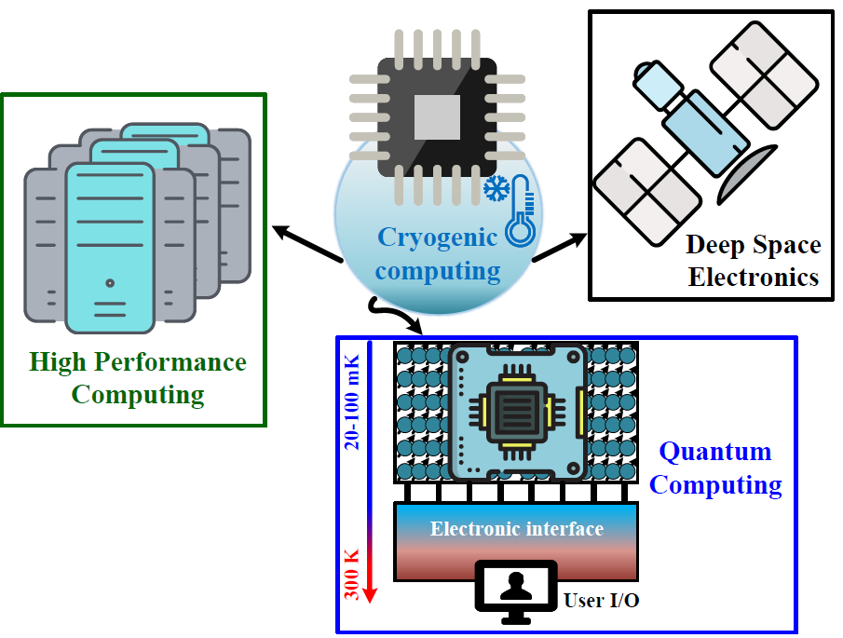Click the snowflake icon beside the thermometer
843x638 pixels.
point(496,189)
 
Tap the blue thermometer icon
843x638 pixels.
point(521,210)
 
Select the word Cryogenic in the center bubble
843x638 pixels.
point(437,238)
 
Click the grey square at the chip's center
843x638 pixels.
point(437,117)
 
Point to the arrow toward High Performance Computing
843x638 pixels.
point(307,244)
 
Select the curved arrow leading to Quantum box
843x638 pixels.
point(395,316)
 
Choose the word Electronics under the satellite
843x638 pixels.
point(754,278)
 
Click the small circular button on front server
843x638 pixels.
point(110,283)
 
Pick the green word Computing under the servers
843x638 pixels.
point(138,395)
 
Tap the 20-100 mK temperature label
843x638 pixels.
point(352,402)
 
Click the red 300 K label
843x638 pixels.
point(352,575)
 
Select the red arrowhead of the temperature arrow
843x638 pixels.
point(370,594)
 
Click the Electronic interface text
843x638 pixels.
point(517,529)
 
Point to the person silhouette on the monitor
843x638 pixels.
point(516,586)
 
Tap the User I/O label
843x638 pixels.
point(601,601)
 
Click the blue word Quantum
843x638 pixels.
point(715,452)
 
